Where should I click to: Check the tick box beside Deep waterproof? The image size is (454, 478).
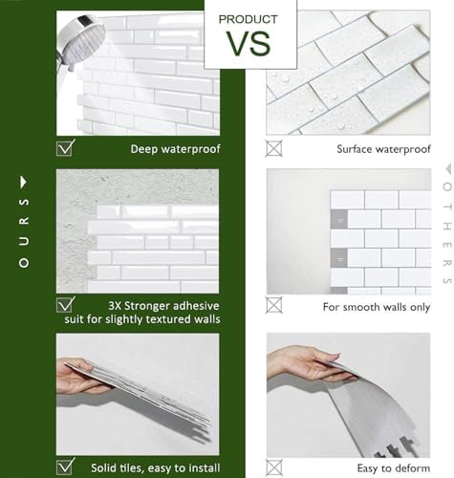pos(66,147)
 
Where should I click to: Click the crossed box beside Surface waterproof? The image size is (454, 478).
pos(275,148)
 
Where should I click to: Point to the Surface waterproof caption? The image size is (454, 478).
pos(383,149)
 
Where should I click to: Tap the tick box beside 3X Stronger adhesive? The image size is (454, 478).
pos(66,305)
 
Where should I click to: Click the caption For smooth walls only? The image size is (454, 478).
pos(376,307)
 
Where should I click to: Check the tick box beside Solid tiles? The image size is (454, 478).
pos(66,467)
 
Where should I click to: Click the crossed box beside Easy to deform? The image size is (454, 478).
pos(275,467)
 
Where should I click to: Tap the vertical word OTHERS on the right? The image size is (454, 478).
pos(446,234)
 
